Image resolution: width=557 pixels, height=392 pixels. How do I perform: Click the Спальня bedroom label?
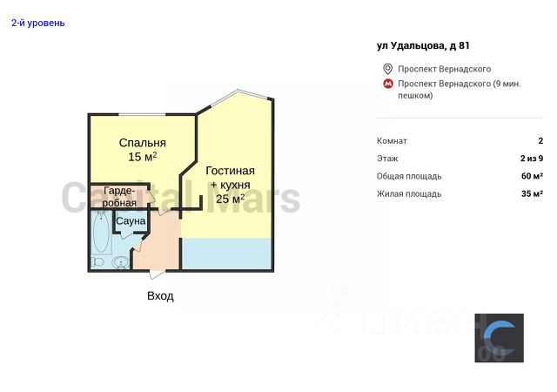(x=143, y=143)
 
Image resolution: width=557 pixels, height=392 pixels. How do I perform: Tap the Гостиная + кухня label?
(x=231, y=178)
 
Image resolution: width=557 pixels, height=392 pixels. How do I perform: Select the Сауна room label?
(x=131, y=221)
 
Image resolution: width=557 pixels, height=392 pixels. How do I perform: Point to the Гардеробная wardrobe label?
(x=119, y=196)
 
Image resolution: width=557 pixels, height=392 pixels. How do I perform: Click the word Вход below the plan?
(x=160, y=296)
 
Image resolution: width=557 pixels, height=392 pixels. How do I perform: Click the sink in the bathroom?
(x=121, y=262)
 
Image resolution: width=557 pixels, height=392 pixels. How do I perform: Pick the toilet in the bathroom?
(x=97, y=262)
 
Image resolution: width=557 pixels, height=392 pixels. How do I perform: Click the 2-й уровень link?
(x=37, y=23)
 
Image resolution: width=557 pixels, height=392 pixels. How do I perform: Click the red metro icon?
(x=387, y=84)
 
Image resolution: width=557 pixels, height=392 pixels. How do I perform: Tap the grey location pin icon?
(x=387, y=69)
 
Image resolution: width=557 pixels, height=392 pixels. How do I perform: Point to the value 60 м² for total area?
(x=532, y=176)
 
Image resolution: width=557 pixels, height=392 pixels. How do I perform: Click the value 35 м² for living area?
(x=532, y=193)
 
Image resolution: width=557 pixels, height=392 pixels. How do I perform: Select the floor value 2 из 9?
(x=532, y=159)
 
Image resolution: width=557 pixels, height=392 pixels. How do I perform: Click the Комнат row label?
(x=392, y=141)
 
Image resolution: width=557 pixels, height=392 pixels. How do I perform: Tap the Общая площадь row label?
(x=408, y=176)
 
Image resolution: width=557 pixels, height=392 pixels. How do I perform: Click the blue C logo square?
(x=499, y=338)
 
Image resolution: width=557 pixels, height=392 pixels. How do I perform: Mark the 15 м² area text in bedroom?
(x=143, y=158)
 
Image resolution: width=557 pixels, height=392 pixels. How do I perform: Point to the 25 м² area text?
(x=231, y=199)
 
